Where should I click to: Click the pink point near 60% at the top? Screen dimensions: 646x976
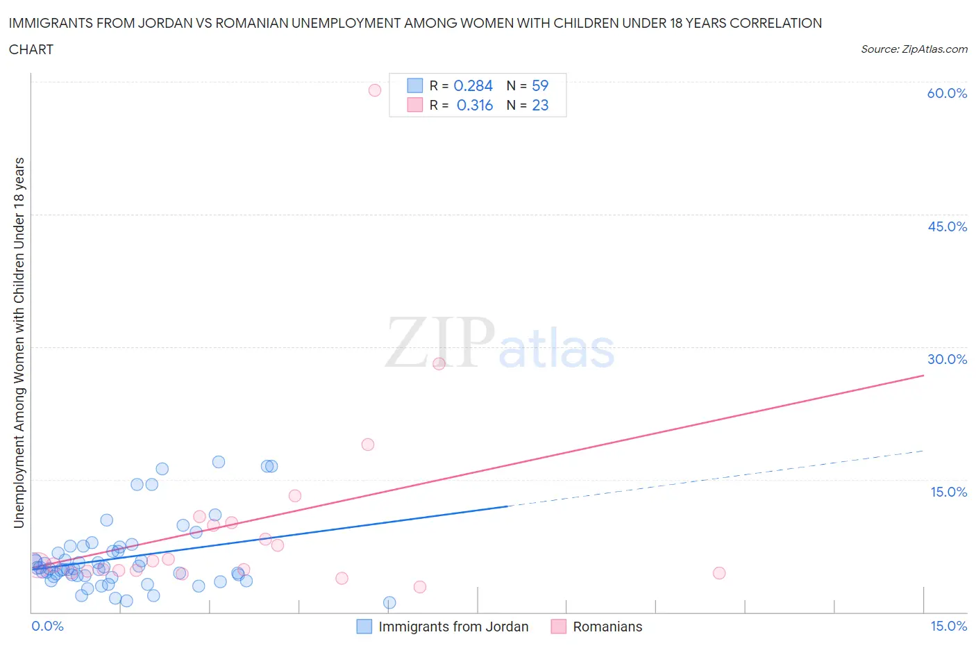coord(375,90)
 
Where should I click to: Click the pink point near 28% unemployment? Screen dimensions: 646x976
coord(439,363)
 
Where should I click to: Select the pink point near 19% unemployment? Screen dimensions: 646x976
coord(368,445)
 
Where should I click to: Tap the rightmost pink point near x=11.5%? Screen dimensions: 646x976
coord(719,573)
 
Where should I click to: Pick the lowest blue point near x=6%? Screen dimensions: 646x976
coord(389,602)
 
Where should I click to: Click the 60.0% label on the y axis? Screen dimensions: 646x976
coord(947,93)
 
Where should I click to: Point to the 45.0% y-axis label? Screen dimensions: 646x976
coord(947,226)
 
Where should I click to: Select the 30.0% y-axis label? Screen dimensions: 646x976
coord(947,359)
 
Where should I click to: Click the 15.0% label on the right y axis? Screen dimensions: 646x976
coord(948,492)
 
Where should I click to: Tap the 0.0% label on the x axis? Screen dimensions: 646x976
coord(47,626)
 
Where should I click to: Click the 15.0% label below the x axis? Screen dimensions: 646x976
coord(948,626)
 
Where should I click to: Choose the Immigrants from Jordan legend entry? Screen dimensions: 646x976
coord(453,627)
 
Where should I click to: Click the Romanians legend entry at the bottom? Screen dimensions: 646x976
coord(607,627)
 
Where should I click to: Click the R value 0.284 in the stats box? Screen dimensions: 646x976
coord(473,85)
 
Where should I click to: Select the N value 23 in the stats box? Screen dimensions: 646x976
coord(540,105)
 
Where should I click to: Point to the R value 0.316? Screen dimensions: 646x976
coord(474,105)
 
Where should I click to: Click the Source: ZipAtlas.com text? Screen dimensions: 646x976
coord(914,49)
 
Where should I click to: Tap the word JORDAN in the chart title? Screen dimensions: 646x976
coord(168,23)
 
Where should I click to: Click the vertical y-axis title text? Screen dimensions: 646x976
coord(19,342)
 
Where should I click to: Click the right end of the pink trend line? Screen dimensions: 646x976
coord(923,375)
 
